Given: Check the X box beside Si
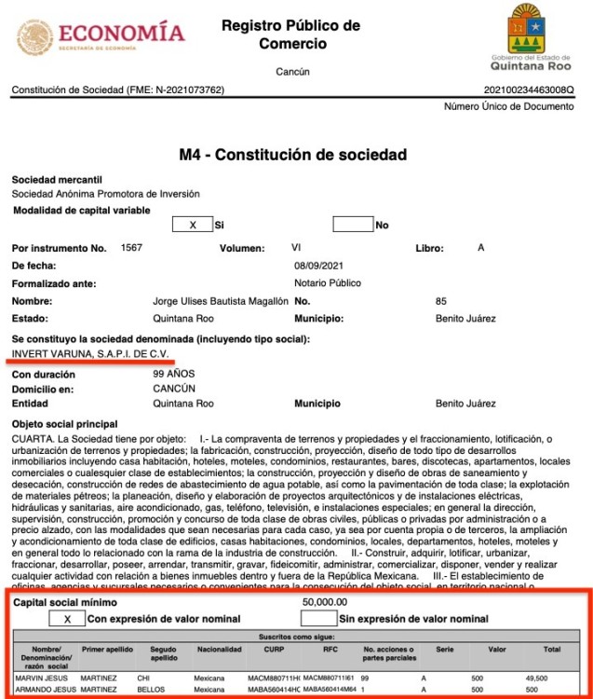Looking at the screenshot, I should pyautogui.click(x=192, y=225).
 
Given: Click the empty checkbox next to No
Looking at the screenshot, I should pyautogui.click(x=353, y=225).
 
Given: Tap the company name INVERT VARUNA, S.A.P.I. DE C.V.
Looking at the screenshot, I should pyautogui.click(x=89, y=353).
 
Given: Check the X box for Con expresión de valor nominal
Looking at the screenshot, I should pyautogui.click(x=67, y=618).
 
